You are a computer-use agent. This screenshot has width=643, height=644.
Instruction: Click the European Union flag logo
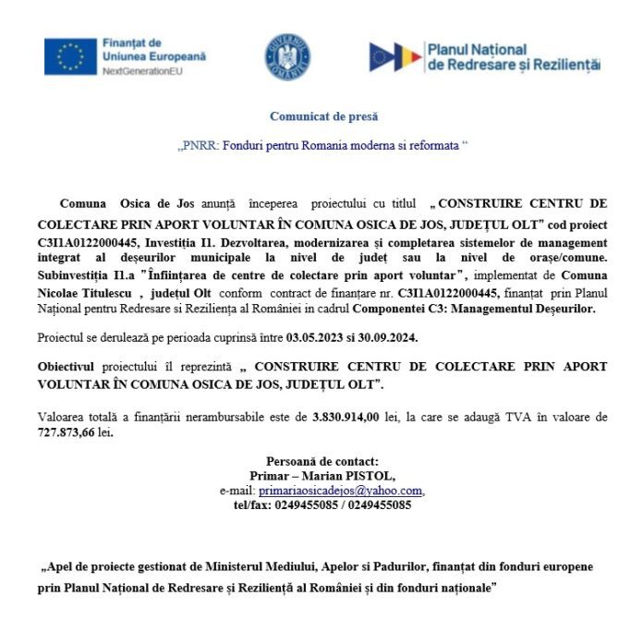pyautogui.click(x=70, y=56)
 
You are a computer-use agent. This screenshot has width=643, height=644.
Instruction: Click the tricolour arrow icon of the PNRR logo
pyautogui.click(x=394, y=56)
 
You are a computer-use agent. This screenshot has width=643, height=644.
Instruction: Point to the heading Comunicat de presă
pyautogui.click(x=323, y=116)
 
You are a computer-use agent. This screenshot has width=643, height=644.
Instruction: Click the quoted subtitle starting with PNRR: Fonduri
pyautogui.click(x=322, y=146)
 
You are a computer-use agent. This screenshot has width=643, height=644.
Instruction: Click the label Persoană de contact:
pyautogui.click(x=322, y=461)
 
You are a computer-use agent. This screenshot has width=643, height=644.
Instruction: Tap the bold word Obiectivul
pyautogui.click(x=69, y=367)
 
